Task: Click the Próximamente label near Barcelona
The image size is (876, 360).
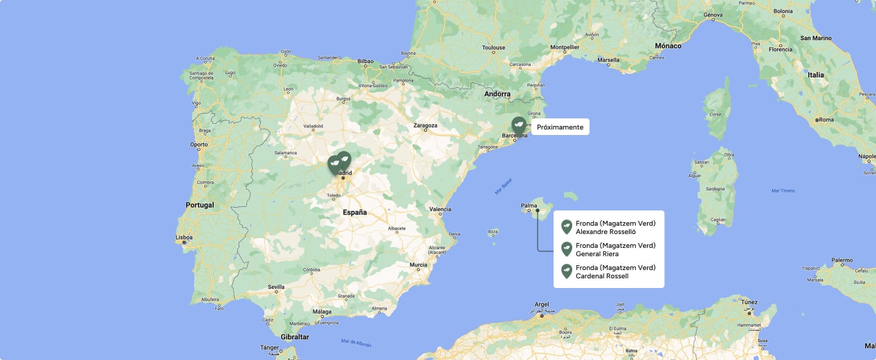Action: [x=560, y=127]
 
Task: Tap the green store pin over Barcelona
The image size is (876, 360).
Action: [x=518, y=125]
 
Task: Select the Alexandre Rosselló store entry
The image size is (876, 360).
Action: [x=615, y=227]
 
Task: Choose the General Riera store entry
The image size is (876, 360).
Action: [x=615, y=249]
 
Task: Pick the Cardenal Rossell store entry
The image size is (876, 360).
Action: [x=615, y=271]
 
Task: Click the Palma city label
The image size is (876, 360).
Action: [x=529, y=205]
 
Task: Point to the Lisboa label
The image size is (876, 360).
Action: [x=184, y=237]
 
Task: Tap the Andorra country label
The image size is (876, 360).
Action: [x=497, y=94]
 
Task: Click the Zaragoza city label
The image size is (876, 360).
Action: [x=426, y=125]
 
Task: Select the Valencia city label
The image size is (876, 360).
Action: [x=440, y=209]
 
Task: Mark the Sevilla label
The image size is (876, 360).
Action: [x=276, y=287]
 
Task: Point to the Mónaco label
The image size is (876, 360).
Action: [x=668, y=46]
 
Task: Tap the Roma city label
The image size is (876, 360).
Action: [x=826, y=120]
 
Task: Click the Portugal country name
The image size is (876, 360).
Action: [x=199, y=205]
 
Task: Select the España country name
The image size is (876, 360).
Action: [x=355, y=213]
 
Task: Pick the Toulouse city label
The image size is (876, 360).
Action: [x=494, y=48]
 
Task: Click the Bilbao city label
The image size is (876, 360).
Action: [x=365, y=61]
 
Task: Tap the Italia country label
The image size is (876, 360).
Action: [x=816, y=75]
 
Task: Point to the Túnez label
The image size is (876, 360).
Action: [x=750, y=302]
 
